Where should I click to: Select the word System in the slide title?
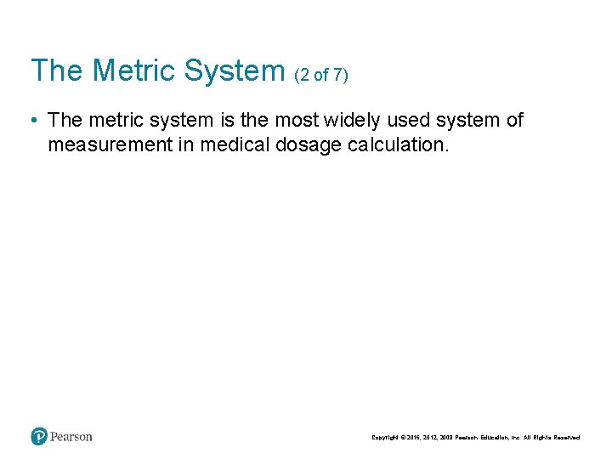(233, 71)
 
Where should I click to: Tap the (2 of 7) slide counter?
(321, 75)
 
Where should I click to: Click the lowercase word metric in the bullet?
(110, 121)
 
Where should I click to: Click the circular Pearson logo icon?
(39, 437)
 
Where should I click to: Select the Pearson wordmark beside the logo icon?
(71, 437)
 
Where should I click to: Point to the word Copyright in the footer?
(386, 438)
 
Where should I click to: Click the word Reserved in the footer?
(567, 438)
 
